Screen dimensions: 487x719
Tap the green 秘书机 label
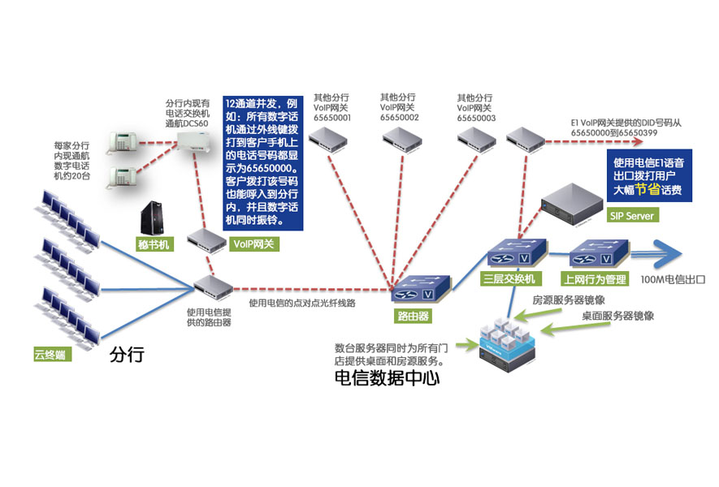[154, 243]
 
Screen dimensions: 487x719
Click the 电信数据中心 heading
[387, 377]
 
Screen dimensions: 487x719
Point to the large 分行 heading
[126, 355]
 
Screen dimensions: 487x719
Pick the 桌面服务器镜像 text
[618, 315]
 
